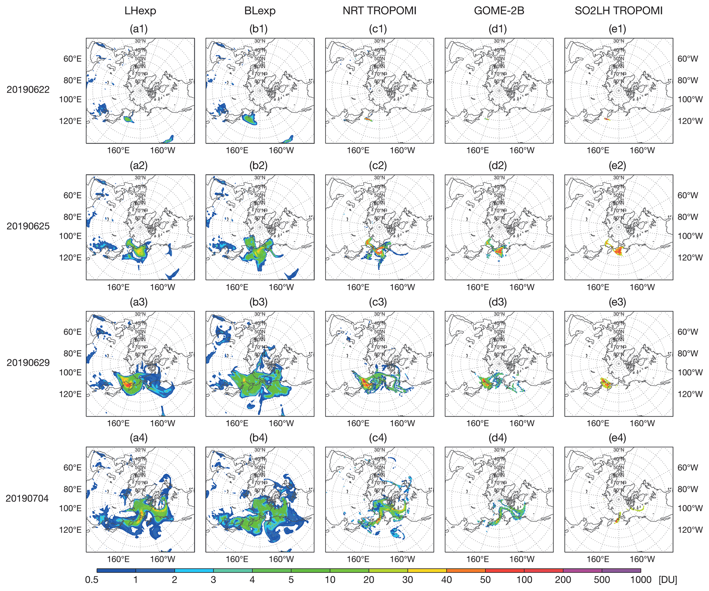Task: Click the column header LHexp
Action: tap(140, 11)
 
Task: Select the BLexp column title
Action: tap(260, 11)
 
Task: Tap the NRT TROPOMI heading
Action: tap(379, 11)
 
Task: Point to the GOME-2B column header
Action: tap(499, 11)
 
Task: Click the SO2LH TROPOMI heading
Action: tap(618, 11)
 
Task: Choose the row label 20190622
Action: tap(28, 90)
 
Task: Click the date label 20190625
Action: tap(28, 226)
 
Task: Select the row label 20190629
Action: tap(28, 362)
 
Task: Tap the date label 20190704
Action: tap(27, 498)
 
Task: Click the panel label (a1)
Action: tap(139, 29)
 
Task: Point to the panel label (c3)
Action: tap(378, 302)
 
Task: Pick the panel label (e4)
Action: tap(617, 438)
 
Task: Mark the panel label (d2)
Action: tap(497, 166)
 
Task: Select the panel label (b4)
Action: tap(258, 438)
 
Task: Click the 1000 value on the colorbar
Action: tap(640, 580)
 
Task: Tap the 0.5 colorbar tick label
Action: tap(92, 580)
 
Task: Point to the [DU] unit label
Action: tap(667, 580)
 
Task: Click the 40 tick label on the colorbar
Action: tap(446, 580)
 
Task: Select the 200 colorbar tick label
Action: tap(563, 580)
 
